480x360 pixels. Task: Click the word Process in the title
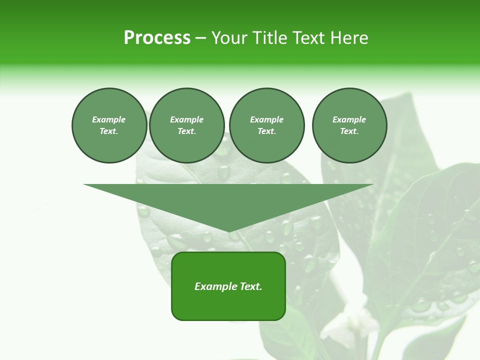[x=157, y=38]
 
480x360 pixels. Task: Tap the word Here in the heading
[x=349, y=38]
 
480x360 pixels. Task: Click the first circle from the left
[x=109, y=125]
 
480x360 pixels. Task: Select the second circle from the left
[x=186, y=125]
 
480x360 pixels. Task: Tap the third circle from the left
[x=266, y=125]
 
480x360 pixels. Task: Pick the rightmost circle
[x=349, y=125]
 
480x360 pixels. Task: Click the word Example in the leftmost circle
[x=109, y=119]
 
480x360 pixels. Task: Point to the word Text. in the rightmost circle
[x=349, y=131]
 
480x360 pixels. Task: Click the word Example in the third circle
[x=266, y=119]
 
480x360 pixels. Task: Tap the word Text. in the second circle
[x=186, y=131]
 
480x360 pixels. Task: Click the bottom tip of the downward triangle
[x=228, y=232]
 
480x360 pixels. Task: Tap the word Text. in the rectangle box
[x=250, y=286]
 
